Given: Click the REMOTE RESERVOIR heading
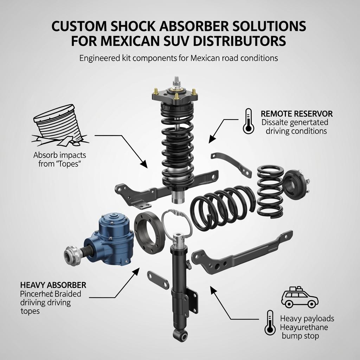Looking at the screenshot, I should coord(297,114).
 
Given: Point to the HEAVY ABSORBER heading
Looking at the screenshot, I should coord(53,285).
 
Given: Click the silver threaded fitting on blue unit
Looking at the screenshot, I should coord(73,253).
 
